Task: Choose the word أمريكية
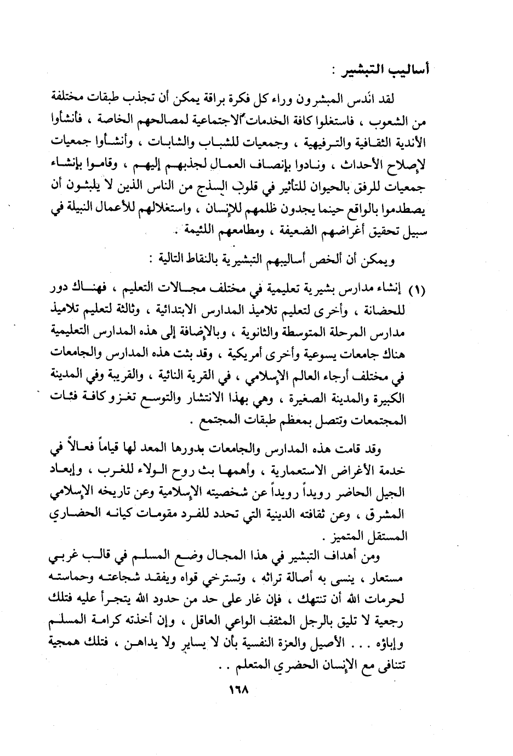[236, 354]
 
